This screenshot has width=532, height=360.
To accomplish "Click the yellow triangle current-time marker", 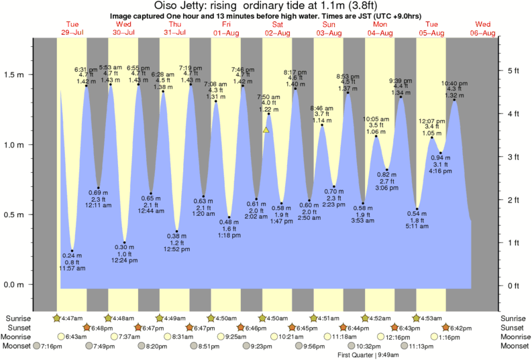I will click(266, 130).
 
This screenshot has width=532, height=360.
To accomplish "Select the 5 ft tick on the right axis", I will click(513, 70).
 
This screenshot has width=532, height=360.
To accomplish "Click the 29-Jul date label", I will click(72, 33).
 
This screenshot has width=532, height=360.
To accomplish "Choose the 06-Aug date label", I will click(482, 33).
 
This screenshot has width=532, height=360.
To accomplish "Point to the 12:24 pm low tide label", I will click(123, 260).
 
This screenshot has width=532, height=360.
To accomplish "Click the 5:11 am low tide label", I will click(417, 227).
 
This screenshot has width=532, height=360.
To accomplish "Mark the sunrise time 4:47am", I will click(72, 318).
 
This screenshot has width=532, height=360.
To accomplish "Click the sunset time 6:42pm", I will click(460, 327).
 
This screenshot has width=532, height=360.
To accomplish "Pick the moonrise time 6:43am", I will click(76, 337).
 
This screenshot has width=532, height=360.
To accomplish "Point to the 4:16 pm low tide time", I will click(441, 172).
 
